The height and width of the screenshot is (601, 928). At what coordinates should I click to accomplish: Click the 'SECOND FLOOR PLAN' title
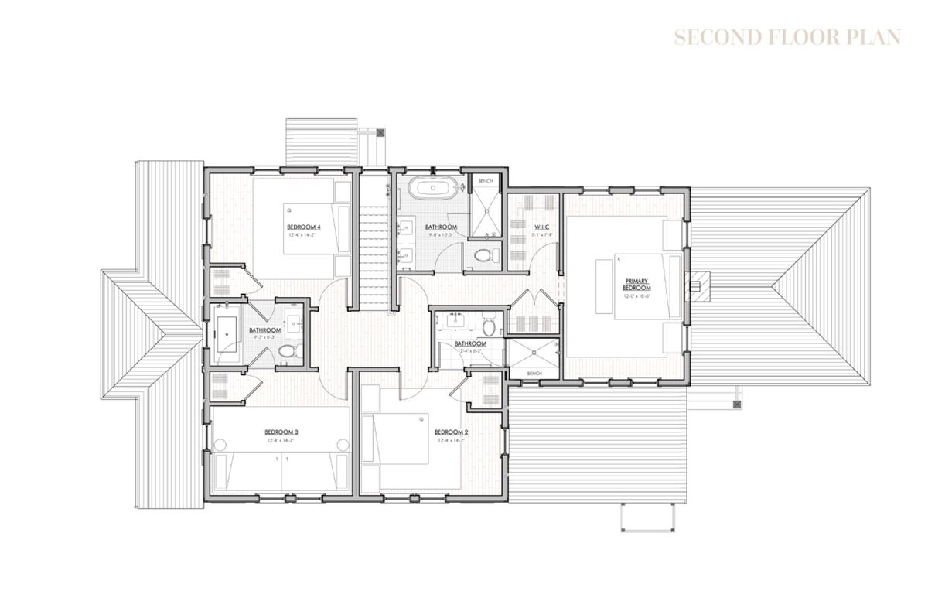[786, 38]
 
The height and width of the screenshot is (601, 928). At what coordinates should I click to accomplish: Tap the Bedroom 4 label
[303, 227]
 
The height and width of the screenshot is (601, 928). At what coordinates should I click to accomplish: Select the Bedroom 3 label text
[281, 432]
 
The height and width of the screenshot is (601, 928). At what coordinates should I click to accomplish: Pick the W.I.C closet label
[541, 227]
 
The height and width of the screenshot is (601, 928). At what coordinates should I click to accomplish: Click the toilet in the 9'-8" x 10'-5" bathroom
[482, 257]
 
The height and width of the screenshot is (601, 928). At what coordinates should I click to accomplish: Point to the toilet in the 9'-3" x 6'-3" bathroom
[287, 353]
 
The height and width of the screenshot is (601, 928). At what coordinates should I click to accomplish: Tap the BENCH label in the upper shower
[486, 180]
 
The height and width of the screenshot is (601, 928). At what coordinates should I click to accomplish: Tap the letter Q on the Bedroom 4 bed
[289, 209]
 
